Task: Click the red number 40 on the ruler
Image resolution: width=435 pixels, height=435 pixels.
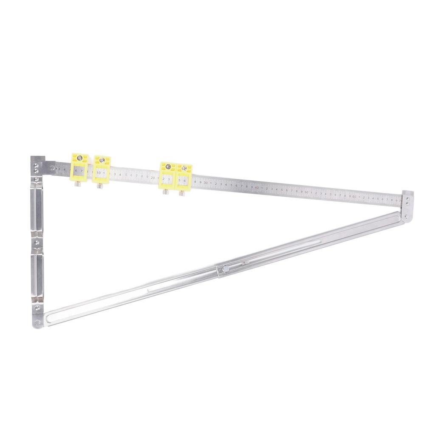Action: point(257,187)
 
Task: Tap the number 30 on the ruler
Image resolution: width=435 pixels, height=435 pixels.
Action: point(206,183)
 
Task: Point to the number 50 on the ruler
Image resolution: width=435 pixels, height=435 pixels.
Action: point(306,192)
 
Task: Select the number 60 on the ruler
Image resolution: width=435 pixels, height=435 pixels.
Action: point(354,197)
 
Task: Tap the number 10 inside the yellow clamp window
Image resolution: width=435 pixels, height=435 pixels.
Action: point(99,173)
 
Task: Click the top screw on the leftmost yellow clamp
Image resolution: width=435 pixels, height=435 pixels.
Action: point(79,158)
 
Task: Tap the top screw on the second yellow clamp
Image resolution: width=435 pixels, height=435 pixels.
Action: point(102,160)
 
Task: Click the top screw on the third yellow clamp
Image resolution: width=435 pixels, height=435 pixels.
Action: point(168,167)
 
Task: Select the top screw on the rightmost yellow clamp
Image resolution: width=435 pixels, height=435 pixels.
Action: point(184,168)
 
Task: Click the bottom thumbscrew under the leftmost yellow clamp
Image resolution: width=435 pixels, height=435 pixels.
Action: point(78,184)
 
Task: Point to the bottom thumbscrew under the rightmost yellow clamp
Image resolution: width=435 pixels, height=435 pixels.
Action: point(182,193)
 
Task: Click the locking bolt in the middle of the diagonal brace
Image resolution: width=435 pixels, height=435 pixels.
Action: point(225,268)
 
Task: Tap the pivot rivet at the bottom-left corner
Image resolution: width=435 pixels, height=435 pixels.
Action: point(38,322)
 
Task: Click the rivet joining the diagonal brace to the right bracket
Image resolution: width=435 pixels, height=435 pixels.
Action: point(407,216)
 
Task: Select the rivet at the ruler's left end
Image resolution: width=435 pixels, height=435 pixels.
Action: point(52,168)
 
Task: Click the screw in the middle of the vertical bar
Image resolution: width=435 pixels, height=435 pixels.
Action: point(37,242)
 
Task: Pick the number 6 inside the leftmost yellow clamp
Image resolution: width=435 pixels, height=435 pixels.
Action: point(76,171)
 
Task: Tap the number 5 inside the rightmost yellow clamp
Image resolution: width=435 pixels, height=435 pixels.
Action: point(180,181)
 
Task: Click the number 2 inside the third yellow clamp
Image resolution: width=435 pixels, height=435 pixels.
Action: point(164,179)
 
